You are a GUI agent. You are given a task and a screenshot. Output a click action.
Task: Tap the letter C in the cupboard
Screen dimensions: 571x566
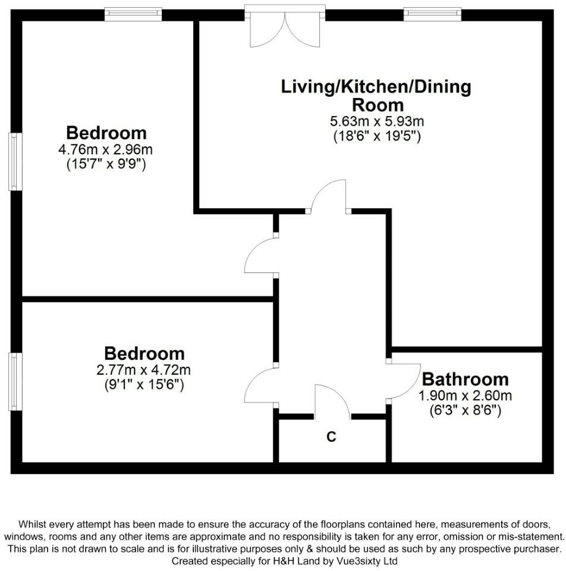[331, 437]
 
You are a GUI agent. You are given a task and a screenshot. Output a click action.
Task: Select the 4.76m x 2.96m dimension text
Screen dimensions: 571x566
[106, 149]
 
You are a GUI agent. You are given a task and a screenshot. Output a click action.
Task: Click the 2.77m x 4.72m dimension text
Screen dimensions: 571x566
[143, 370]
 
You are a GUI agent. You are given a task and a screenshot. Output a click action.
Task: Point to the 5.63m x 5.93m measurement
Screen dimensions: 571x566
[376, 121]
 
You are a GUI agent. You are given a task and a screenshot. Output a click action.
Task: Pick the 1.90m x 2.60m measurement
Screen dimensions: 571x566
[465, 396]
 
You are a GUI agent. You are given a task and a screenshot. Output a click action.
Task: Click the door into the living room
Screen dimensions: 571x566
[328, 196]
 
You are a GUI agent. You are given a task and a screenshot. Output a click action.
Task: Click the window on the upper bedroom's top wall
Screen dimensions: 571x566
[133, 13]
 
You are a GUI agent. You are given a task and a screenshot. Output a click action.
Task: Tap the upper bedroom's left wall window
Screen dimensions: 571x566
[15, 162]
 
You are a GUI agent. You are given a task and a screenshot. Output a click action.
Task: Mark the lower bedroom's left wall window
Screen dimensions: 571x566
[15, 381]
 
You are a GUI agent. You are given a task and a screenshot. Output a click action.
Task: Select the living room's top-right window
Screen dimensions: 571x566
[432, 13]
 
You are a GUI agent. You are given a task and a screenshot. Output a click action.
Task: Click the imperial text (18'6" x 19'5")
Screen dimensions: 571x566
[376, 136]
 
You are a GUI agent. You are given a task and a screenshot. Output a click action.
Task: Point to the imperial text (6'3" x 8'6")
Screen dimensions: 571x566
[465, 410]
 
